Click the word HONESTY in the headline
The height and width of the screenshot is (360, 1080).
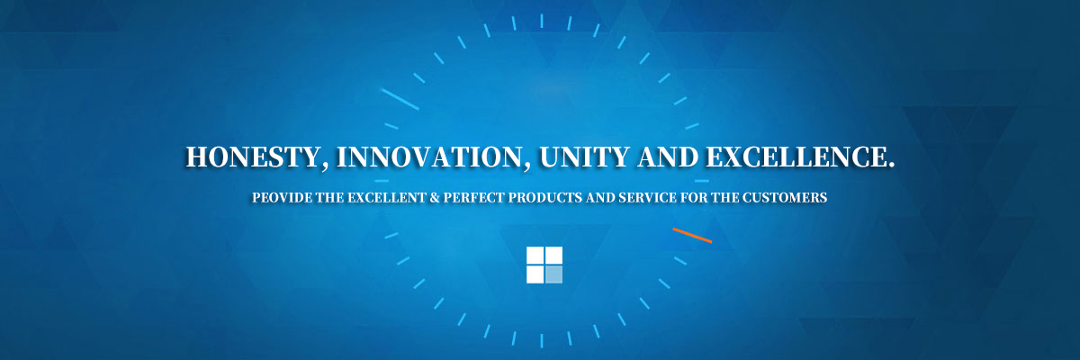click(x=252, y=157)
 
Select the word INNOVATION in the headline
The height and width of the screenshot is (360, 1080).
click(x=428, y=157)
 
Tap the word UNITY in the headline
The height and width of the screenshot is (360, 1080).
click(x=584, y=157)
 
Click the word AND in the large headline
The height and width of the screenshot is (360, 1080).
click(x=668, y=157)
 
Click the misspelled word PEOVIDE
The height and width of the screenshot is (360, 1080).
click(x=282, y=198)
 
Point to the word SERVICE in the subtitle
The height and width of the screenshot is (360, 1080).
click(x=647, y=198)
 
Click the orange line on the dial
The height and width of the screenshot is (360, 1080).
click(x=692, y=235)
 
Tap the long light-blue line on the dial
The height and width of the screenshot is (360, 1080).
click(x=400, y=99)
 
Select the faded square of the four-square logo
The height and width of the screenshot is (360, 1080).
click(x=553, y=274)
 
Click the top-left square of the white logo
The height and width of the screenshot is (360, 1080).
click(x=535, y=256)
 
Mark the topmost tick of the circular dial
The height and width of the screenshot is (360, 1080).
click(x=542, y=21)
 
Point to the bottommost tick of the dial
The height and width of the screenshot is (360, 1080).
click(x=542, y=341)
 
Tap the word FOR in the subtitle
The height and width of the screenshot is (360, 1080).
click(x=693, y=198)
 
